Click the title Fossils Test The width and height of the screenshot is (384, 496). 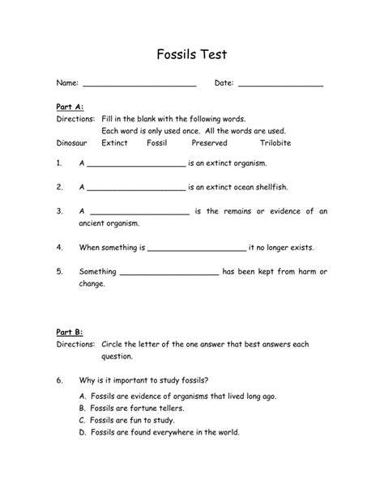click(x=192, y=55)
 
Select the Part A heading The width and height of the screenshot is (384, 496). click(x=70, y=106)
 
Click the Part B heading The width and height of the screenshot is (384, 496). click(x=70, y=332)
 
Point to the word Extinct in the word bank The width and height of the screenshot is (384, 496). click(x=114, y=142)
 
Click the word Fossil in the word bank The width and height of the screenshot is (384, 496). click(x=156, y=142)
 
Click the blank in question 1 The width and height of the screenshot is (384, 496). click(x=136, y=165)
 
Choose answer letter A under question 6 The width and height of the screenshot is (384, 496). click(x=83, y=396)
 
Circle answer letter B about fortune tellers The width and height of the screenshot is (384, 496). click(x=83, y=409)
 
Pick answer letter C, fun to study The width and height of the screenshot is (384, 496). click(x=83, y=421)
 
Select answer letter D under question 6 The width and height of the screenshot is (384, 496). click(x=83, y=432)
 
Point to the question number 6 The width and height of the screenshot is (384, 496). click(x=59, y=379)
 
